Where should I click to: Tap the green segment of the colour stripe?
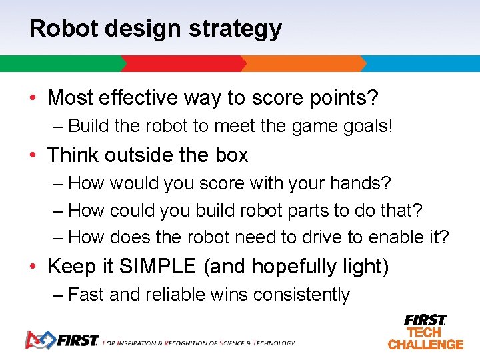point(60,64)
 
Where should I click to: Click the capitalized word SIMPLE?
point(157,267)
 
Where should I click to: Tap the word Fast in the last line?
point(87,295)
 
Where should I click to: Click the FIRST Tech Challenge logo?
point(425,332)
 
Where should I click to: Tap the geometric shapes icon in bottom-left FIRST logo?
point(39,340)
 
